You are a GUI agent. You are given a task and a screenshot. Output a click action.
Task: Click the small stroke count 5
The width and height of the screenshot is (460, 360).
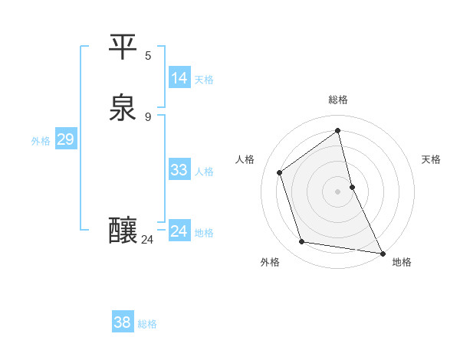(x=148, y=56)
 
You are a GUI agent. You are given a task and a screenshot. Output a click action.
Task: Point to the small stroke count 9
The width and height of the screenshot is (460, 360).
(x=148, y=116)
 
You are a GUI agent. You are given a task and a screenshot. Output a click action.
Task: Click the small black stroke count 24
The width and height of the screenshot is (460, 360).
(x=148, y=240)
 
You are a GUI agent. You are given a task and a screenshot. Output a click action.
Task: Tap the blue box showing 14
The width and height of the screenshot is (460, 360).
(x=179, y=78)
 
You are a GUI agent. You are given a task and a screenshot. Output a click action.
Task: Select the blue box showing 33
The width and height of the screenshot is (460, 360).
(x=179, y=170)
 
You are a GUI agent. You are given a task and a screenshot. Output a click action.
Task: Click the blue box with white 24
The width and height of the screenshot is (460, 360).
(x=179, y=231)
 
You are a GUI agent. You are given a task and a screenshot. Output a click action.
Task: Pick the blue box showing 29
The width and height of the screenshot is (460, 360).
(x=65, y=139)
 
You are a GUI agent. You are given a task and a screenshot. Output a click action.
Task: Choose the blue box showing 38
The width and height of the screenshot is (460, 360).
(x=122, y=322)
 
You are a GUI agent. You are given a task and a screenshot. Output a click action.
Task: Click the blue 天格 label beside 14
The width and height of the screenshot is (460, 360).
(x=204, y=80)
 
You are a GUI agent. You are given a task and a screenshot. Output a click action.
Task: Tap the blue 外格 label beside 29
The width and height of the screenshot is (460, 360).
(x=41, y=141)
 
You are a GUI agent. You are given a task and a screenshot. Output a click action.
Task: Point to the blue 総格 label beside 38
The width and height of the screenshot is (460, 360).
(x=147, y=324)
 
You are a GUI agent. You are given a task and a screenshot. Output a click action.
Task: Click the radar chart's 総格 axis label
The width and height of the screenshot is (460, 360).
(x=338, y=100)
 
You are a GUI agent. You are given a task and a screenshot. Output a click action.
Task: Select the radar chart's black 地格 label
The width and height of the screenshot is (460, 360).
(x=402, y=262)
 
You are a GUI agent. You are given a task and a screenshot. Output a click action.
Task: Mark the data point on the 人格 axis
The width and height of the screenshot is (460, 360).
(x=280, y=172)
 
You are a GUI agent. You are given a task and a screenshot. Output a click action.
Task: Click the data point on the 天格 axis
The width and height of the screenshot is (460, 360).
(x=352, y=187)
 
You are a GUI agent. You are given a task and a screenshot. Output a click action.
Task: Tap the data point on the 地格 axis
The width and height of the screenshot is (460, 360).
(x=382, y=252)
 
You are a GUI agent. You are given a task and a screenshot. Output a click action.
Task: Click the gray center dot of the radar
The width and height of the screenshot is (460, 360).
(x=338, y=191)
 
